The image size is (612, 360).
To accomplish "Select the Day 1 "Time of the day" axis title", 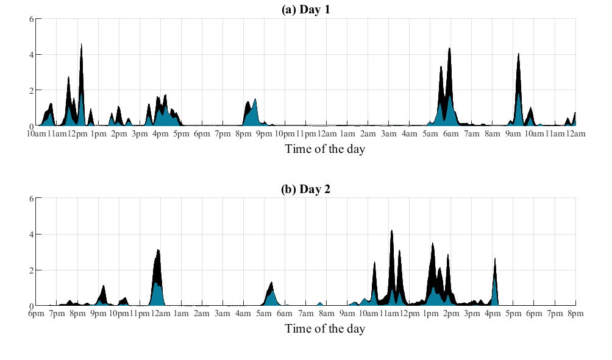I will (x=324, y=149).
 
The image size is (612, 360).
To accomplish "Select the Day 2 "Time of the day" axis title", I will (x=324, y=328).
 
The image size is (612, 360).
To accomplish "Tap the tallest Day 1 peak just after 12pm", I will (x=81, y=45).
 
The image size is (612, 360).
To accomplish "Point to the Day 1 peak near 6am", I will (x=449, y=49).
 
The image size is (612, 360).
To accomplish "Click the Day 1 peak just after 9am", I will (x=518, y=54).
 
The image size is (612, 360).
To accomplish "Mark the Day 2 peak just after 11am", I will (x=391, y=231).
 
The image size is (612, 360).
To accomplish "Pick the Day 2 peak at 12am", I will (x=158, y=250).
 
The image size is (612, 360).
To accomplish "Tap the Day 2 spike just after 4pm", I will (x=495, y=259).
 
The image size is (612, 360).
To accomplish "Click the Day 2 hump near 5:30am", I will (x=271, y=283).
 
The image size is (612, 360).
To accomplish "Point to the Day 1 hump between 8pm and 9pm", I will (x=254, y=99).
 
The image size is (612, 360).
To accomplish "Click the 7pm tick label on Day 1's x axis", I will (x=222, y=133).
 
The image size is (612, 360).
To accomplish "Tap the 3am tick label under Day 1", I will (x=388, y=133).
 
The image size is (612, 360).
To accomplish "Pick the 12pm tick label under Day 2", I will (x=409, y=314).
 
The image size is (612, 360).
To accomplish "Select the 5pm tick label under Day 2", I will (x=513, y=314).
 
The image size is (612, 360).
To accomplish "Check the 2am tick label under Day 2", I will (x=202, y=314).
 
